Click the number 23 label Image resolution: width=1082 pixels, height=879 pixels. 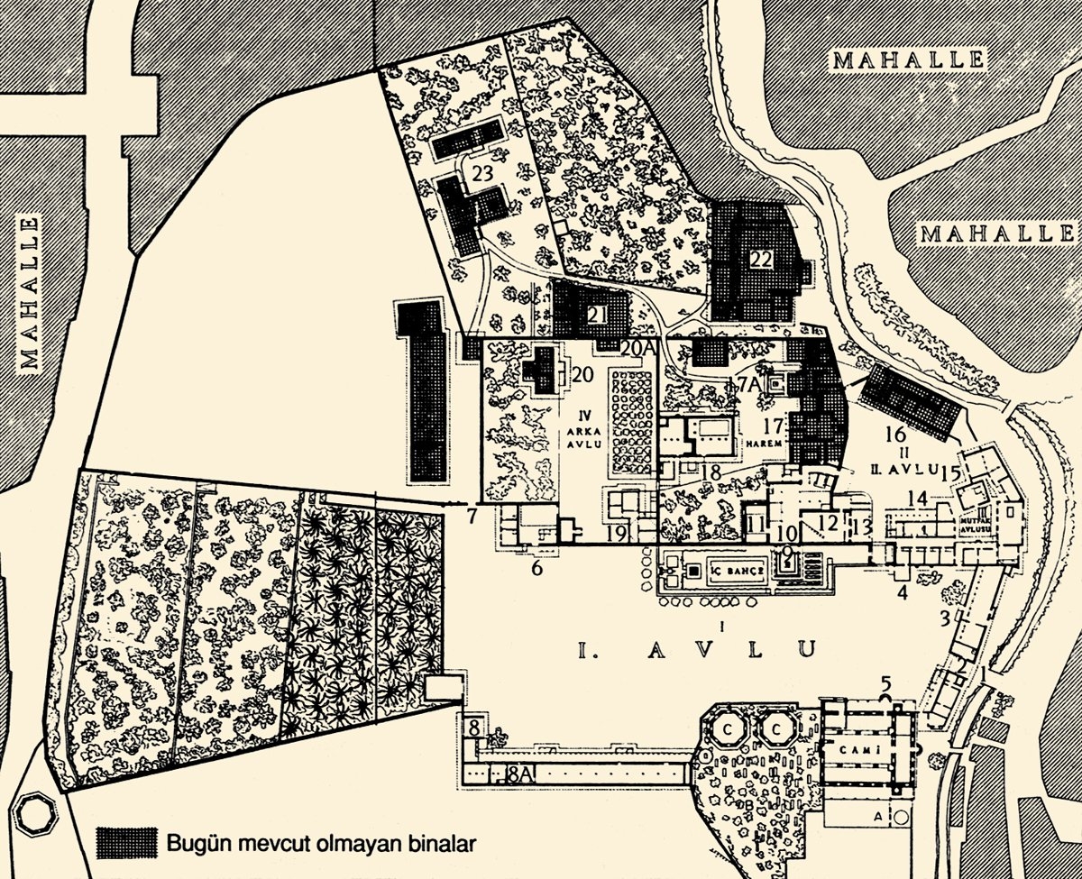click(481, 174)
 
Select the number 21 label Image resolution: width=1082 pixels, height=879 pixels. click(596, 315)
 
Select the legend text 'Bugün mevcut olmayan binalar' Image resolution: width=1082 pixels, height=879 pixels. click(320, 845)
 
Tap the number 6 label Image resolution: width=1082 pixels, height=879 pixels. click(536, 568)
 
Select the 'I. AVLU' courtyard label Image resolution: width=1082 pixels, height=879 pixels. click(696, 648)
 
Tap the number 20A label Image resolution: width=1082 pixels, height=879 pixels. click(636, 346)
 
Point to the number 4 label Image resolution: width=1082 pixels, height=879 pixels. click(901, 592)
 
